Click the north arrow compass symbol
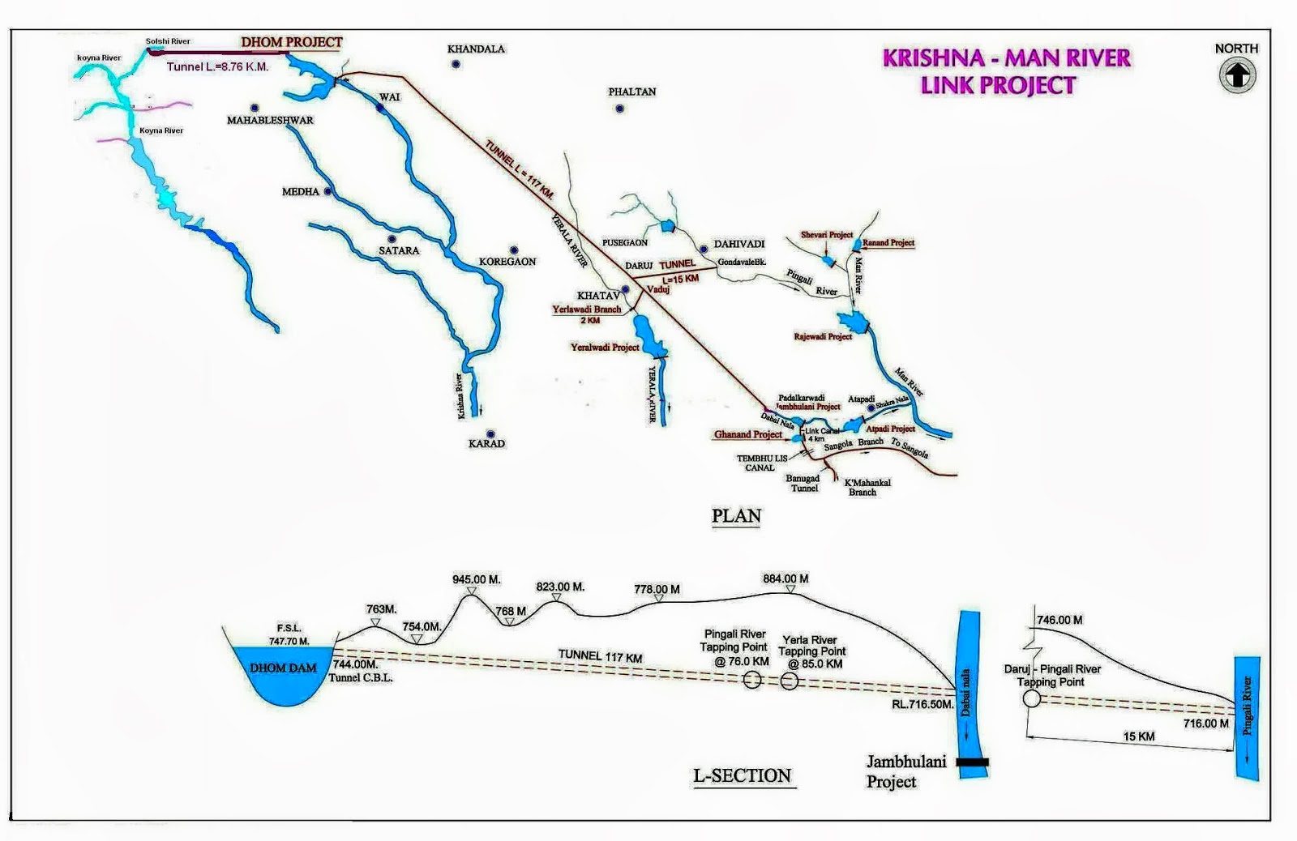pos(1237,75)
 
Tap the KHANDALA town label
pos(476,49)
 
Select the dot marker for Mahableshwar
pos(255,108)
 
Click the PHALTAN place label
pos(632,92)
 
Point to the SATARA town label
pos(399,251)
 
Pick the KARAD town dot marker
pos(490,434)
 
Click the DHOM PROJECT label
pos(292,42)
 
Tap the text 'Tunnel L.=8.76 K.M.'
pos(217,66)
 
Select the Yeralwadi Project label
pos(605,348)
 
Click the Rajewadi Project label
pos(823,336)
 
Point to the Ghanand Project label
pos(747,435)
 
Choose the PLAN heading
pos(736,516)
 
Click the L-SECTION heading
pos(742,776)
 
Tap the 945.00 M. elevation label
pos(477,579)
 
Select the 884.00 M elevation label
pos(785,578)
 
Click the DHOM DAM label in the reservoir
pos(283,668)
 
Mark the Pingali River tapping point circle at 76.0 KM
pos(752,681)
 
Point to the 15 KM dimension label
pos(1139,736)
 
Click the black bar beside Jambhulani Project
pos(972,762)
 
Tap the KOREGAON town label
pos(507,262)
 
